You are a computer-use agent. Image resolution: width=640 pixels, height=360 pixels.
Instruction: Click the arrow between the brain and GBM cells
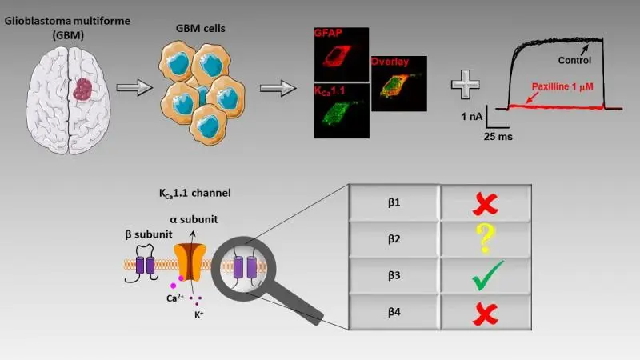click(131, 88)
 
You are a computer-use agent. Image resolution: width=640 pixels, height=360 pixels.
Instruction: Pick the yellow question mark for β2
click(482, 239)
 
